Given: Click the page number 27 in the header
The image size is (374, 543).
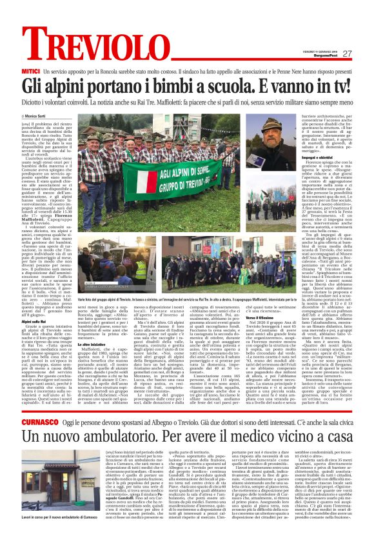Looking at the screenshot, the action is pyautogui.click(x=347, y=54).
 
